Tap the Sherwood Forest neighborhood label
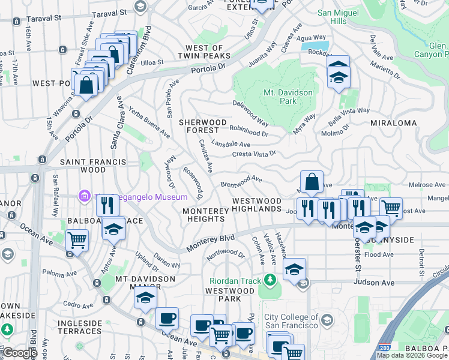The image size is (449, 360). pos(203,126)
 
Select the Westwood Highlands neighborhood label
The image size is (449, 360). pos(256,205)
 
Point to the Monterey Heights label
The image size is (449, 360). pos(206,215)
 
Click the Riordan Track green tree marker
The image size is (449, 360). pos(270,280)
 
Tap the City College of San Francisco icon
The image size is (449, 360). pos(327,318)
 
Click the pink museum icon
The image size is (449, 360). pos(84,196)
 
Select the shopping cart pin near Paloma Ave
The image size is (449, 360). pos(77,240)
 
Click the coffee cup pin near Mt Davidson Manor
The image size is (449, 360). pos(167,317)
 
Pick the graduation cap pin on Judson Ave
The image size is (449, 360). pos(294,269)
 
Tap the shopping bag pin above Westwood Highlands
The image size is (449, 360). pos(312,182)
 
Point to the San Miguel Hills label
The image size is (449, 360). pos(340,16)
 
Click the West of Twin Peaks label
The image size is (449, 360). pos(205,52)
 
